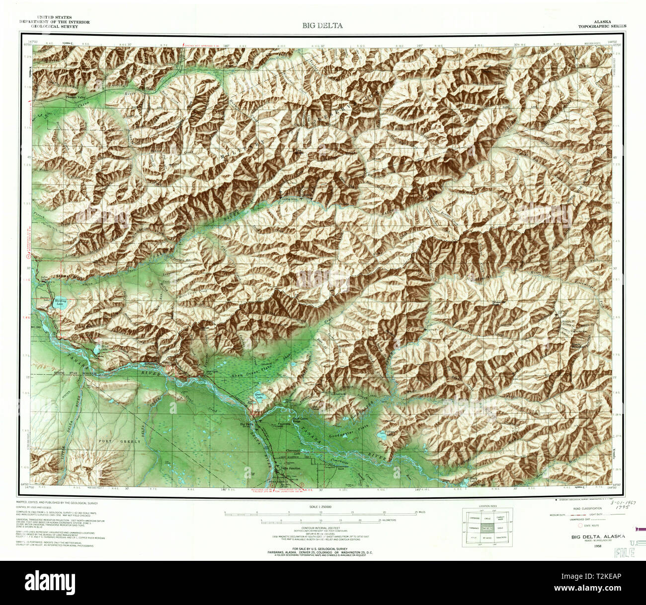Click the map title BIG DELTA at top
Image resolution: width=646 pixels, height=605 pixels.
(x=322, y=25)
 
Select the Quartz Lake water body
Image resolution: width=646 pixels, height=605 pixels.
(x=259, y=399)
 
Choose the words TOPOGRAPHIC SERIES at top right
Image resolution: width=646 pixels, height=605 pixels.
(x=602, y=26)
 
